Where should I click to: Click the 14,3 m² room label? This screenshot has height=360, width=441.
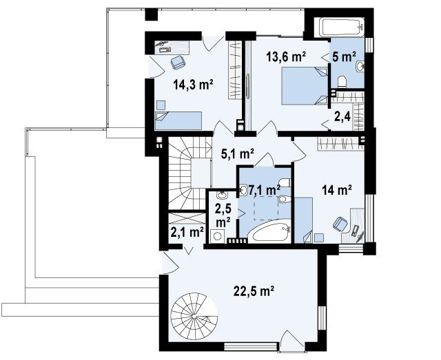click(x=193, y=84)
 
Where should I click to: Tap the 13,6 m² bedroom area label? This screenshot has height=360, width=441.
click(x=286, y=56)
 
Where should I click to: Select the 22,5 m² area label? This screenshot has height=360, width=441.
click(x=254, y=291)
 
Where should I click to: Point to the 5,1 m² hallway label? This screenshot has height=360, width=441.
click(x=238, y=153)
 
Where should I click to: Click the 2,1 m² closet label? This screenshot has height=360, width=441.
click(x=187, y=232)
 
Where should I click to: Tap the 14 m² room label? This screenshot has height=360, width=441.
click(x=337, y=190)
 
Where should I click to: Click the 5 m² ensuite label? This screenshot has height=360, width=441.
click(x=344, y=56)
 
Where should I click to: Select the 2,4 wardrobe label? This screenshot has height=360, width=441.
click(x=342, y=116)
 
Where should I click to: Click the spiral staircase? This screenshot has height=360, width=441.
click(x=194, y=316)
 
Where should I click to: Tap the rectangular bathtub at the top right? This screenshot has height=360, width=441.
click(x=343, y=28)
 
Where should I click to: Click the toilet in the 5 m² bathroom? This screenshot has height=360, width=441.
click(x=342, y=81)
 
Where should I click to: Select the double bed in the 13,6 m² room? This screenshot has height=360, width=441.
click(x=305, y=86)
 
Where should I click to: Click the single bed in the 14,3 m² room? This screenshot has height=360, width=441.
click(x=178, y=120)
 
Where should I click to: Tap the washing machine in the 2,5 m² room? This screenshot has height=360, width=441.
click(x=217, y=236)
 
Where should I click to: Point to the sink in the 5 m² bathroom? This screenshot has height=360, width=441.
click(x=360, y=67)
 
